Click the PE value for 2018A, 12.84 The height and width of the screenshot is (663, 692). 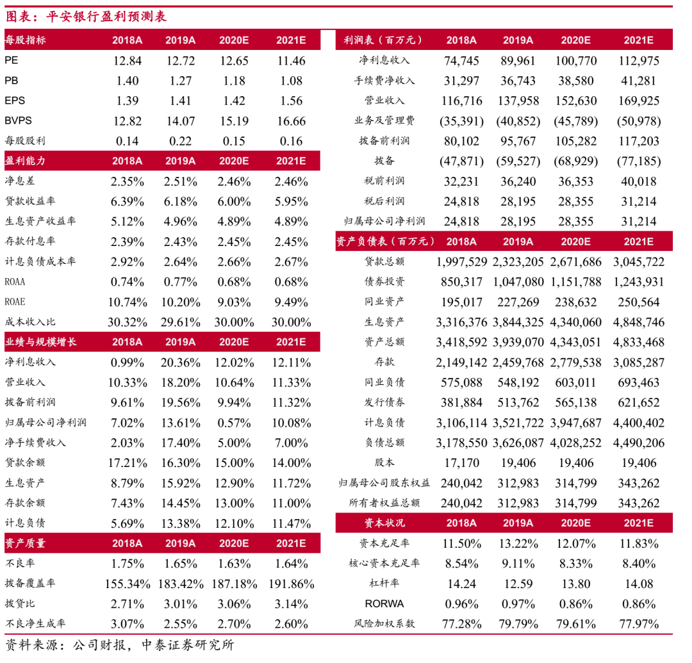click(x=127, y=61)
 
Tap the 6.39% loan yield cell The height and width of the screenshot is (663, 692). click(x=127, y=202)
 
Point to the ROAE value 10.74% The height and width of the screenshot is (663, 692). click(x=127, y=302)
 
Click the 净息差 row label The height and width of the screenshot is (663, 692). click(x=18, y=181)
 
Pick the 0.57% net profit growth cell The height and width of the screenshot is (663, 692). click(x=235, y=422)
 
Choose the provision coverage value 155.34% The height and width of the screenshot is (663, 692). click(x=127, y=584)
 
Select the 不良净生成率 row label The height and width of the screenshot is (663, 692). click(x=35, y=623)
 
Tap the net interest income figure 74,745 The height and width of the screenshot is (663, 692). click(x=461, y=61)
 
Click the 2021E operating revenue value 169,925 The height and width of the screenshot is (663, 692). click(x=638, y=101)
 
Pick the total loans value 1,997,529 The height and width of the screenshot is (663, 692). click(x=461, y=261)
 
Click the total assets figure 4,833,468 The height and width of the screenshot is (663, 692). click(x=638, y=341)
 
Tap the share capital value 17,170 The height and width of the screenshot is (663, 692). click(x=461, y=462)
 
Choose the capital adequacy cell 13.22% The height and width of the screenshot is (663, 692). click(x=518, y=544)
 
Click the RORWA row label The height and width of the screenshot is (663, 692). click(x=384, y=603)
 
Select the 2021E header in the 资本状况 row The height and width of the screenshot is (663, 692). click(x=638, y=523)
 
